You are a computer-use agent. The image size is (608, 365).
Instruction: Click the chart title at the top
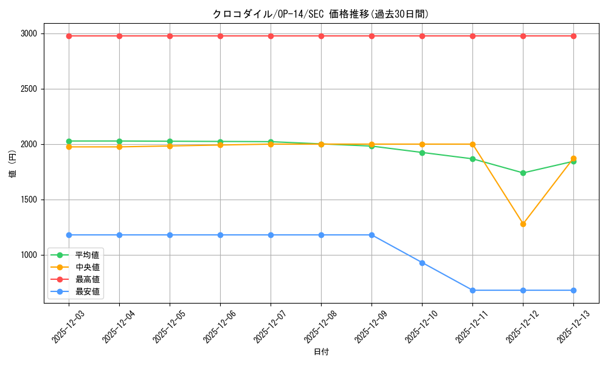coord(320,14)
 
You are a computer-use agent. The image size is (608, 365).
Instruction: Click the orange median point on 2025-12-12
coord(523,224)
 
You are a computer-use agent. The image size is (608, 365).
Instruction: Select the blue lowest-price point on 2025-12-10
coord(422,263)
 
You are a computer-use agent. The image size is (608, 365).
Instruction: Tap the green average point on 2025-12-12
coord(523,173)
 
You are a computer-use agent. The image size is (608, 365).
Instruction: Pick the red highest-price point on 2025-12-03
coord(69,36)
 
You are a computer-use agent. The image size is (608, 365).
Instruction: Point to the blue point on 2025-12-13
coord(573,290)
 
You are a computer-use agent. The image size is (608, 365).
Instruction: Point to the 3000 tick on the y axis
coord(28,33)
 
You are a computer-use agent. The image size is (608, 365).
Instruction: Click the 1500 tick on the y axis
coord(28,200)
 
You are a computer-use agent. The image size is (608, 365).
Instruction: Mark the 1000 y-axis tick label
coord(28,255)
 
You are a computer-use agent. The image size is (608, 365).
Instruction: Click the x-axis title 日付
coord(321,352)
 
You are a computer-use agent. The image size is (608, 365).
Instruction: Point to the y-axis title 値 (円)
coord(13,164)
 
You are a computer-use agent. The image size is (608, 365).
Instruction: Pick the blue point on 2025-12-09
coord(371,235)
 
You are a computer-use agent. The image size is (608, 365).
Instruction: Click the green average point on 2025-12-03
coord(69,141)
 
